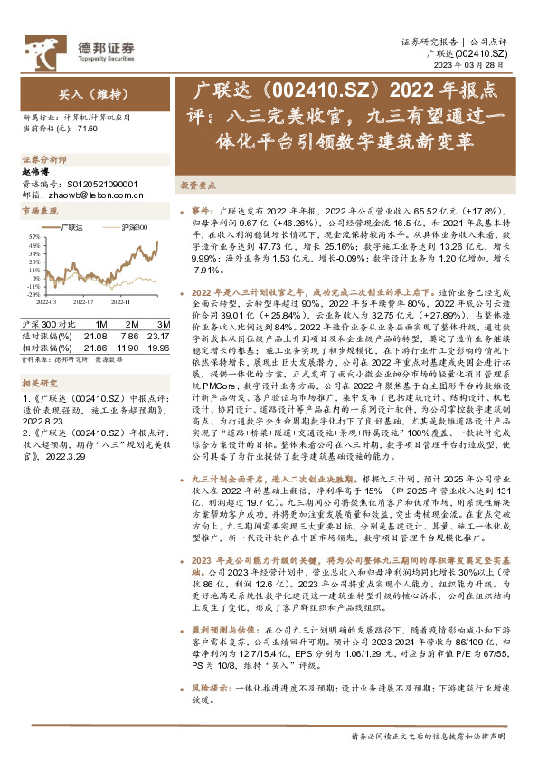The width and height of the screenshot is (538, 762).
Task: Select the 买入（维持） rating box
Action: pos(80,94)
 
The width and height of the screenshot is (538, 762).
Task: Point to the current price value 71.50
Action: pos(88,129)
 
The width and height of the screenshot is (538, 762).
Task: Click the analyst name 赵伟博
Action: pos(33,171)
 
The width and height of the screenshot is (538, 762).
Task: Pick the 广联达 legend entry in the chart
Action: pos(71,228)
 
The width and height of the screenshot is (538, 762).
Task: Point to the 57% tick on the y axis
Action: pos(33,237)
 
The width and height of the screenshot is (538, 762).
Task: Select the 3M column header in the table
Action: pos(164,323)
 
